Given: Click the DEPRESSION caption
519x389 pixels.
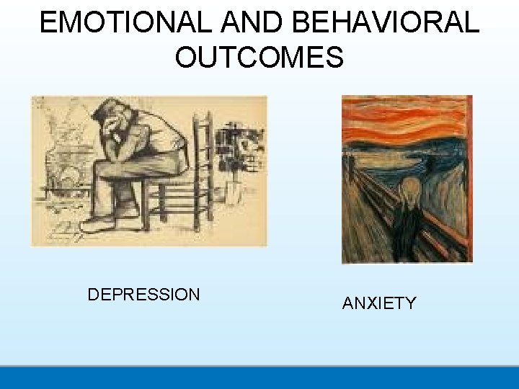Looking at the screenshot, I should click(x=143, y=295).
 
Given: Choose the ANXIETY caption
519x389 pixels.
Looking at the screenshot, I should click(x=379, y=303).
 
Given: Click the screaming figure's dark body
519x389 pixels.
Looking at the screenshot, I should click(x=409, y=231).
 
